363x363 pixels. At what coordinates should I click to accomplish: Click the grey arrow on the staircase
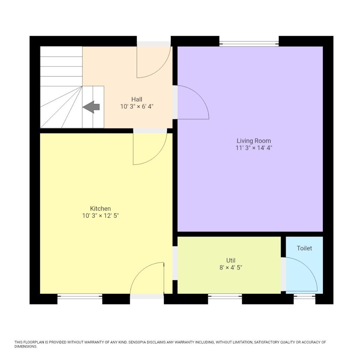coord(91,107)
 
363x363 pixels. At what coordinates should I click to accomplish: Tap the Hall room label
coord(137,99)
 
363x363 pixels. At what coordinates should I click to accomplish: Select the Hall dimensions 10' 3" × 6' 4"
coord(137,107)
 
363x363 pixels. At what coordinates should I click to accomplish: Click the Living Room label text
coord(253,141)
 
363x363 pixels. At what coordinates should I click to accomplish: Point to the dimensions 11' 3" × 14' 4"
coord(253,148)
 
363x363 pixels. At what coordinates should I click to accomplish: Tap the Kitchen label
coord(100,209)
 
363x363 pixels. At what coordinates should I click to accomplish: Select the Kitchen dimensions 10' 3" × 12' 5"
coord(100,216)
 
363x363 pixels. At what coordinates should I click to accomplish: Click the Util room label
coord(231,260)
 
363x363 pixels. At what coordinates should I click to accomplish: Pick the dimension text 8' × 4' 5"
coord(231,268)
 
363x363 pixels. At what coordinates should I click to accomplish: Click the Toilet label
coord(304,248)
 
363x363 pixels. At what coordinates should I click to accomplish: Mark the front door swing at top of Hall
coord(153,62)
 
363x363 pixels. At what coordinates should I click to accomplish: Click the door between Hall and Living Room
coord(192,103)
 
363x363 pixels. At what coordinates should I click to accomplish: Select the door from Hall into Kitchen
coord(150,148)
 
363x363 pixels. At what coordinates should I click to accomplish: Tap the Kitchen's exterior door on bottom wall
coord(147,279)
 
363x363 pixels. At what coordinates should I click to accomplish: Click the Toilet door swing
coord(300,274)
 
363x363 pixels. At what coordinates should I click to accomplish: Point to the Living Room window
coord(249,43)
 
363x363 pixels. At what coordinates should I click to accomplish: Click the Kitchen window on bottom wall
coord(80,296)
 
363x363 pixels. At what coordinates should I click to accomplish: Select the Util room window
coord(225,296)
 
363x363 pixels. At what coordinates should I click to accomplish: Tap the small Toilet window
coord(304,296)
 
